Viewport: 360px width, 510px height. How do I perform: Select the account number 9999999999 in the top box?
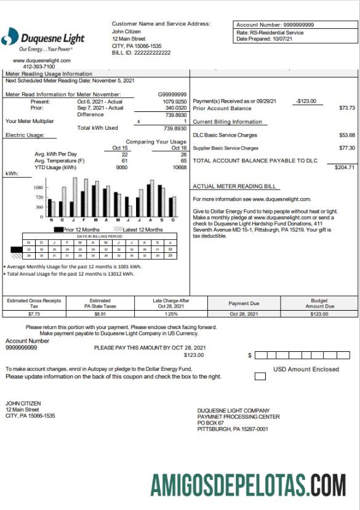pos(294,25)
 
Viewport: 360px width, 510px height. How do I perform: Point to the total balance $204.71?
pos(344,167)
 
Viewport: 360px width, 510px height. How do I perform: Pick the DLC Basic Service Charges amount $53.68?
pos(347,135)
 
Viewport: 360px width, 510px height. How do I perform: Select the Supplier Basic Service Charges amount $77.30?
pos(347,148)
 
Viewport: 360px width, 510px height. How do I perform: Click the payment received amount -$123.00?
pos(305,101)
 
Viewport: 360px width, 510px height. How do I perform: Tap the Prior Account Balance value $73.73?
pos(347,108)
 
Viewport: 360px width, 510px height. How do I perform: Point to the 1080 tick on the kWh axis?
pos(38,187)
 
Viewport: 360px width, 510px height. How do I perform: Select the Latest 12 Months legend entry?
pos(138,229)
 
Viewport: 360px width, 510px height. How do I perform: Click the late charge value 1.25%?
pos(170,314)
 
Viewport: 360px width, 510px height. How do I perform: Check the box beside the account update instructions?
pos(260,377)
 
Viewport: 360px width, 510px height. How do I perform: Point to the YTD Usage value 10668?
pos(179,167)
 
